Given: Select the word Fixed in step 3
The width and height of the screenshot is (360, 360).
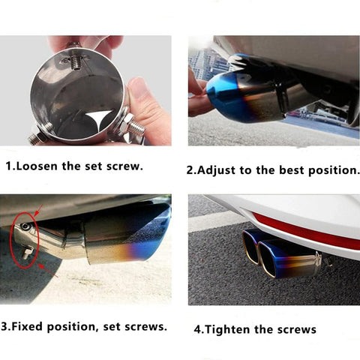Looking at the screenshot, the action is pos(27,326).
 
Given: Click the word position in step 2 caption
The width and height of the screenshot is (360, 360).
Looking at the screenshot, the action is pos(332,171).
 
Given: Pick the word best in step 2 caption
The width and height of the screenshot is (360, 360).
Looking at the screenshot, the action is pos(292,170).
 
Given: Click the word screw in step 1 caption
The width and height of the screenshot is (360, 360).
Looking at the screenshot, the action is pos(123,166).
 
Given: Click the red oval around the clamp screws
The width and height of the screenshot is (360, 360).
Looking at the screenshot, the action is pos(10,240).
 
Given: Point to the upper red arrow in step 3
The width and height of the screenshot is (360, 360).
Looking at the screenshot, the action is pos(38,210).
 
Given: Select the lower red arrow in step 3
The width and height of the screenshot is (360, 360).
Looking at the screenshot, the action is pos(48,271).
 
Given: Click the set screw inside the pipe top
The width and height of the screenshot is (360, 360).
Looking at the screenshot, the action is pos(75,62).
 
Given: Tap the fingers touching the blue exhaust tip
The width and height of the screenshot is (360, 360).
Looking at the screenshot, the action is pos(199,95).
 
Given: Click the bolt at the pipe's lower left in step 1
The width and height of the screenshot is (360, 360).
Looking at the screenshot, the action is pos(37,136).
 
